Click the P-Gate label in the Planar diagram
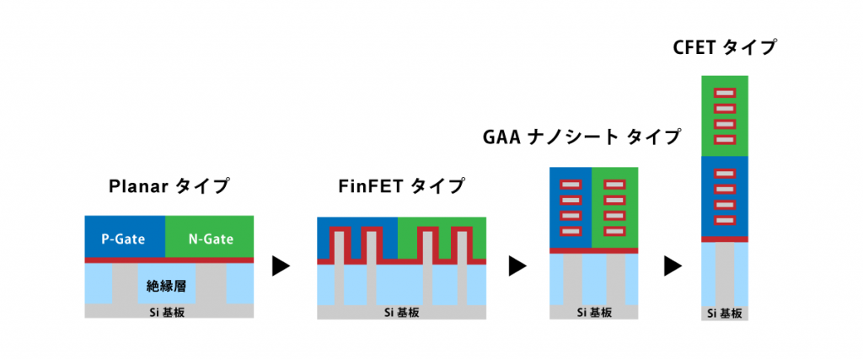[x=125, y=239]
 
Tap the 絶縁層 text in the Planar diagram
[x=167, y=287]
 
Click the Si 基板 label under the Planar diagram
[x=169, y=310]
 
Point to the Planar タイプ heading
[x=169, y=186]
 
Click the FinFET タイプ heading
[x=402, y=186]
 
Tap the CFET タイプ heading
[x=725, y=48]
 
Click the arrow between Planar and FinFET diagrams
[x=281, y=267]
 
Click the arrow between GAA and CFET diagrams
[x=673, y=267]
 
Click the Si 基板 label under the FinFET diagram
[x=402, y=310]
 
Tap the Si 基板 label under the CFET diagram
[x=725, y=313]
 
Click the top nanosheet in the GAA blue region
[x=571, y=184]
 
